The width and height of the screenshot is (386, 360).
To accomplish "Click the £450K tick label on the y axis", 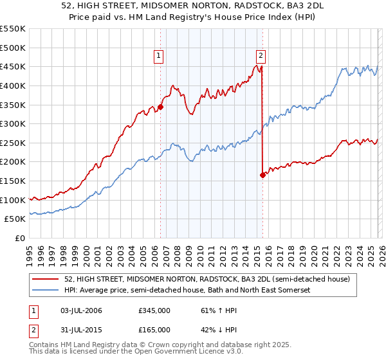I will tap(13, 66).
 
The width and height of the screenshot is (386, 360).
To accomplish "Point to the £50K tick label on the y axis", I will tap(15, 219).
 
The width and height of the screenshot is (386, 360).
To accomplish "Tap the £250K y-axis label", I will tap(13, 143).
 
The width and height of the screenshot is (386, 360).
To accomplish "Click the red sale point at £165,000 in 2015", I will tap(262, 175).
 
